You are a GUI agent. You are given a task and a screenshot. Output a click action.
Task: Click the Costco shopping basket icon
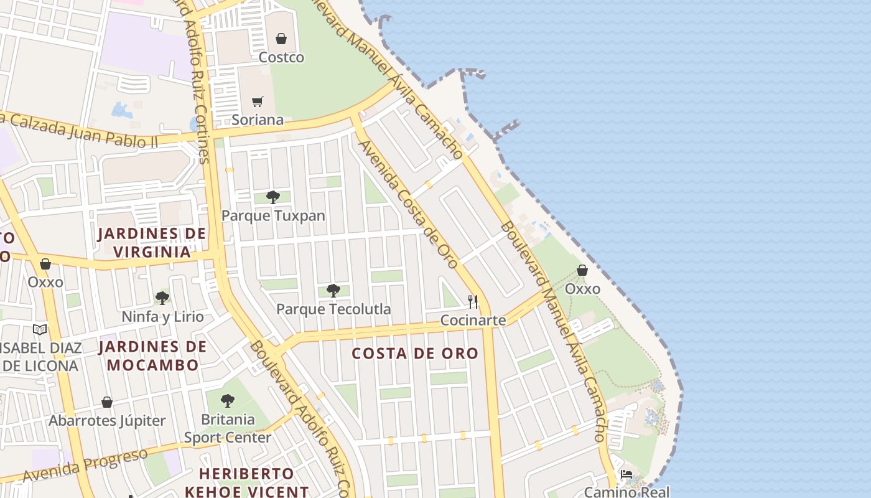[x=281, y=39]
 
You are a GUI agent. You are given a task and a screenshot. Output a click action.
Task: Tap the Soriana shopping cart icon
[x=258, y=101]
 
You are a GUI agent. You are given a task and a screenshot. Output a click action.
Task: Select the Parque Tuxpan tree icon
[x=272, y=197]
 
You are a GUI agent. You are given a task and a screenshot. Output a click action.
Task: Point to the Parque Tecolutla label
[x=333, y=309]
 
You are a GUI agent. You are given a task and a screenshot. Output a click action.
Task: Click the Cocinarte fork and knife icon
[x=473, y=302]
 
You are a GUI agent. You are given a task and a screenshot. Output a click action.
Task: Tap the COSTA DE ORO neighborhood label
[x=415, y=354]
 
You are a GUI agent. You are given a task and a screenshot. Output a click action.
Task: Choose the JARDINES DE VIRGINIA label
[x=152, y=243]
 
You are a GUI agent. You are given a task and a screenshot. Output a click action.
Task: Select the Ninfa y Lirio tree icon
[x=162, y=298]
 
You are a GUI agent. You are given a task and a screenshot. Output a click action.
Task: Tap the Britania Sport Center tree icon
[x=228, y=400]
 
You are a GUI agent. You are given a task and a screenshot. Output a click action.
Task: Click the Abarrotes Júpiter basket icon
[x=107, y=402]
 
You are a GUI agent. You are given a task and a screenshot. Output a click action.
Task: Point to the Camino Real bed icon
[x=626, y=474]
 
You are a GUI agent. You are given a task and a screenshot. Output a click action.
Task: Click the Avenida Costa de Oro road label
[x=408, y=203]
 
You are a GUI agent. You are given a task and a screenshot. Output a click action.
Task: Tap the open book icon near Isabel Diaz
[x=40, y=329]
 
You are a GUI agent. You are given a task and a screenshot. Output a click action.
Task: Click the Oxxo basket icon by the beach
[x=582, y=270]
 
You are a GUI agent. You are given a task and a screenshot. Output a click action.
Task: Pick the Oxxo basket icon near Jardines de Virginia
[x=45, y=264]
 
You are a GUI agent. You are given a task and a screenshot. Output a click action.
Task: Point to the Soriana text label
[x=258, y=120]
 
